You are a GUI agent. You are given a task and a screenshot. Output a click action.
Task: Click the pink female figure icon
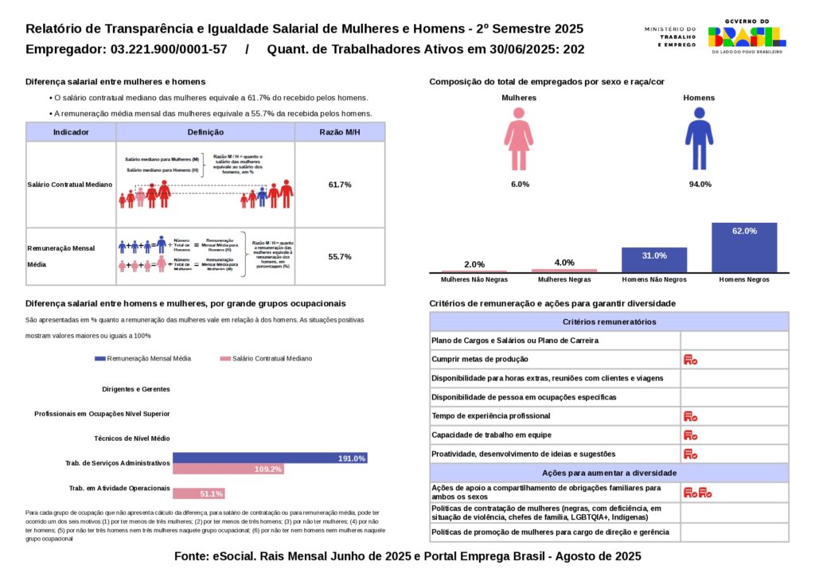click(518, 138)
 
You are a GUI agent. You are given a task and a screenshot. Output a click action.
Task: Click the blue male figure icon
click(699, 138)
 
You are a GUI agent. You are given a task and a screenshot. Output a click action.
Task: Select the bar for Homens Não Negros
click(654, 259)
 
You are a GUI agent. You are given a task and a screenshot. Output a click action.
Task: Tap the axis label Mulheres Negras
click(563, 280)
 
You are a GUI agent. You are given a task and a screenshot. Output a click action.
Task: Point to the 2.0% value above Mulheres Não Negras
click(474, 264)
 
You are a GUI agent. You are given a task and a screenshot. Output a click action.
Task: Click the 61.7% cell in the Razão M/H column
click(340, 185)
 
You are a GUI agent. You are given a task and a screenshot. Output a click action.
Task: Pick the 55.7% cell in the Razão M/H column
click(340, 257)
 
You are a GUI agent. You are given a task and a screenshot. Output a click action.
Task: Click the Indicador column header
click(71, 132)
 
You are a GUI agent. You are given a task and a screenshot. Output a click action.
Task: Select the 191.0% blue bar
click(269, 458)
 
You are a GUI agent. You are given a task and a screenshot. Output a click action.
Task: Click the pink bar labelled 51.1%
click(199, 493)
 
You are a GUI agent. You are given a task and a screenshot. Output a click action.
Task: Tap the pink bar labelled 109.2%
click(228, 470)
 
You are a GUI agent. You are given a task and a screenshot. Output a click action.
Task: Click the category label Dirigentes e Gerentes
click(136, 389)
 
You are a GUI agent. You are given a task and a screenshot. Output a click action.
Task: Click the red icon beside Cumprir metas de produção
click(690, 360)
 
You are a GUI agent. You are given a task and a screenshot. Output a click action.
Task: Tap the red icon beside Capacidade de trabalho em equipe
click(690, 435)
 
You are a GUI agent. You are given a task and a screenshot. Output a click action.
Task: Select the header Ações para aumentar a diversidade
click(609, 473)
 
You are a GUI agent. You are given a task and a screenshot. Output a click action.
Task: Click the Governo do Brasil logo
click(746, 36)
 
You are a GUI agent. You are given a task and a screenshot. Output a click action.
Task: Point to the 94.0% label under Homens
click(700, 185)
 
